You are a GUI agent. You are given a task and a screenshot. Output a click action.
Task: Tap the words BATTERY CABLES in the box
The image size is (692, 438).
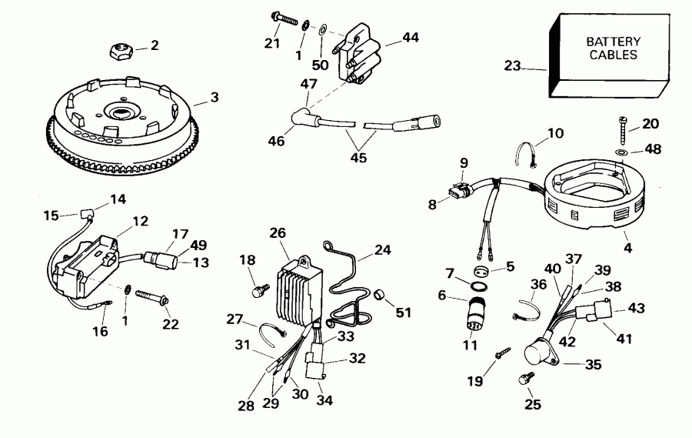[613, 48]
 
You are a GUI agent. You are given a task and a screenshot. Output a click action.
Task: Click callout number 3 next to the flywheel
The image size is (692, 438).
[215, 98]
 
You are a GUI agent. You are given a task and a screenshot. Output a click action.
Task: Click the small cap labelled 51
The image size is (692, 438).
[380, 295]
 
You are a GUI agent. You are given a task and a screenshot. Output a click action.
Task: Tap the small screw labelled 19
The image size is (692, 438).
[500, 352]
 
